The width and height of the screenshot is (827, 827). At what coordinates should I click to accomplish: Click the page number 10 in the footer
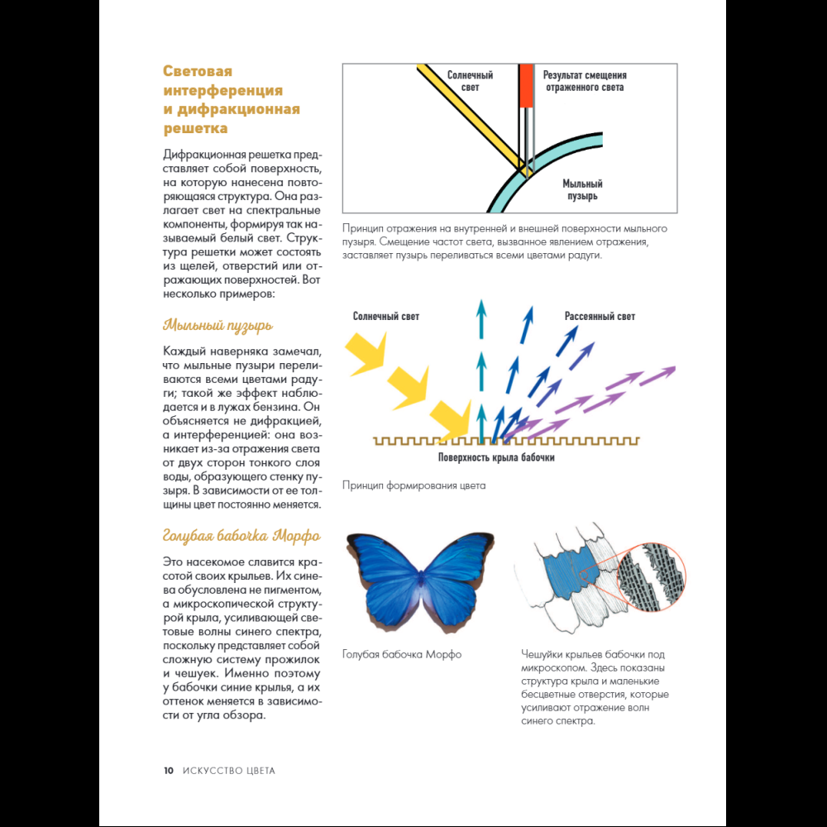click(x=168, y=771)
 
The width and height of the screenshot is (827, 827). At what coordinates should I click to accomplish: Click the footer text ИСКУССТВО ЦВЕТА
click(x=229, y=771)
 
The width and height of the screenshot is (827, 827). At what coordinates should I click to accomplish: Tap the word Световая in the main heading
click(x=198, y=71)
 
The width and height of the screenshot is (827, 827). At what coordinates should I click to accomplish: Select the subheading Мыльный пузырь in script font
click(x=218, y=325)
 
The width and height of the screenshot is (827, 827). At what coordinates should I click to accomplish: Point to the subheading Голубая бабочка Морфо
click(x=241, y=536)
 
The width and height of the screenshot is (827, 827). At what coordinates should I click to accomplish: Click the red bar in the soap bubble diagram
click(x=526, y=86)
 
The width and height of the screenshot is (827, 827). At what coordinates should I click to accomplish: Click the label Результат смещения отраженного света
click(x=585, y=81)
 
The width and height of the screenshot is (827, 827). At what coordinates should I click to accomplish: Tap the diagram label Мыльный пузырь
click(x=582, y=190)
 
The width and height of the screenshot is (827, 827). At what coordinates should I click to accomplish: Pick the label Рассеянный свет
click(x=600, y=317)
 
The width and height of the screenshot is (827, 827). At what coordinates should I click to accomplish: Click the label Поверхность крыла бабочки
click(x=496, y=457)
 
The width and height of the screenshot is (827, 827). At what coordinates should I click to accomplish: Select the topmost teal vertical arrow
click(x=481, y=318)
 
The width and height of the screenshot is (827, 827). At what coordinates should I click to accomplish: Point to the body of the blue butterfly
click(x=422, y=581)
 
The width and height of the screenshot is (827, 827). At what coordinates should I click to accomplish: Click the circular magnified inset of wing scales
click(x=651, y=577)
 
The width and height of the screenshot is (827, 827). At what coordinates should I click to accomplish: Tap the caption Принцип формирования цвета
click(x=414, y=485)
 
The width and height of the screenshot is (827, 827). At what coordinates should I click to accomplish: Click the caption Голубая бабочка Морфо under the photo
click(x=402, y=654)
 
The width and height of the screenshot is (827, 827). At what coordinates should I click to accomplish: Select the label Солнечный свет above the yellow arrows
click(x=386, y=317)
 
